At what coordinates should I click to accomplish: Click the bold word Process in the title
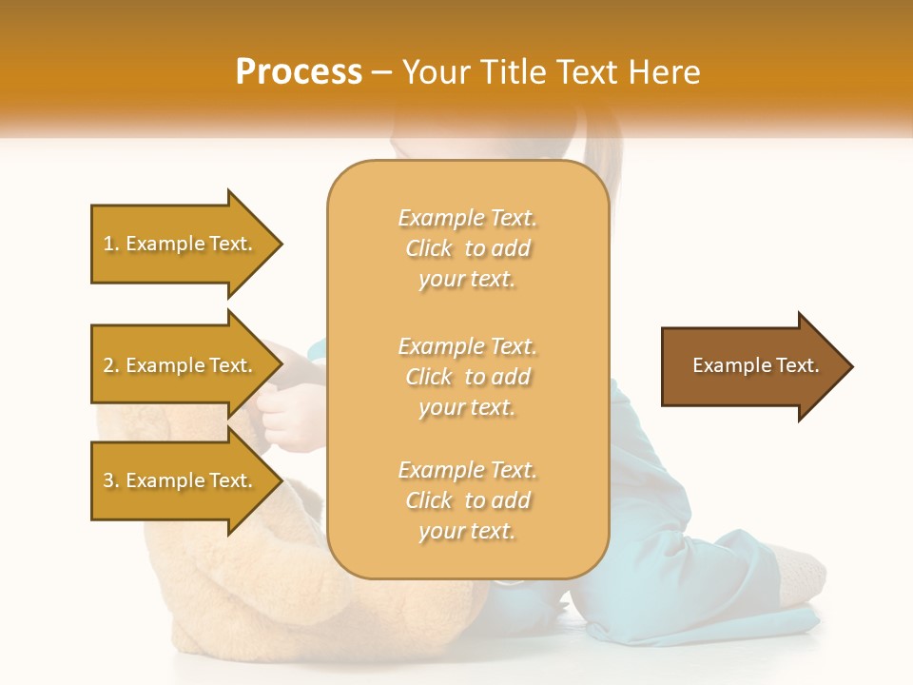299,71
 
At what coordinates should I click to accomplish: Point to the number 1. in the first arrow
111,244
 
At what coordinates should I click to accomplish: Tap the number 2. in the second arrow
111,365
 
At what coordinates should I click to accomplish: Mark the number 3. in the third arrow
111,480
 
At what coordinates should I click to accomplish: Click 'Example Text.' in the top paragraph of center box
467,218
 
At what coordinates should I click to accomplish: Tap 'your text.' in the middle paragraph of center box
467,407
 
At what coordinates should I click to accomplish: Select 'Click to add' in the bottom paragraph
467,500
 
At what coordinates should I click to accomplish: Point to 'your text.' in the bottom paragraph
467,531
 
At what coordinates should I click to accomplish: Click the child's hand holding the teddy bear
285,409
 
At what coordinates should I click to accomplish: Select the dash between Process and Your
382,72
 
